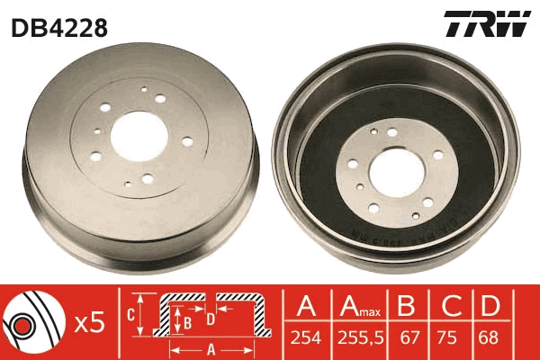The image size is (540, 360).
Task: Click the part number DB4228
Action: [x=59, y=27]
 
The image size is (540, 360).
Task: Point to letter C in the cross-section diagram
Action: [x=130, y=314]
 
